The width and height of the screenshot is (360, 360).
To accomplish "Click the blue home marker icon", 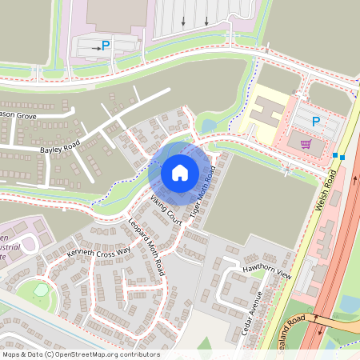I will pyautogui.click(x=180, y=172).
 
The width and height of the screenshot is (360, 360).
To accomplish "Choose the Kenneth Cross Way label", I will pyautogui.click(x=99, y=253).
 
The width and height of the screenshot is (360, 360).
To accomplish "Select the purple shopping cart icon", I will pyautogui.click(x=306, y=145).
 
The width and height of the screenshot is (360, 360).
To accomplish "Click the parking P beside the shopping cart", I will pyautogui.click(x=315, y=122).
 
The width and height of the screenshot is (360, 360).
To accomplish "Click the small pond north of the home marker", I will pyautogui.click(x=207, y=126).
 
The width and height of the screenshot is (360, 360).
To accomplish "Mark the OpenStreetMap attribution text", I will pyautogui.click(x=80, y=354).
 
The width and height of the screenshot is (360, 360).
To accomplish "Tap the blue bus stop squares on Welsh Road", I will pyautogui.click(x=338, y=157).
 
